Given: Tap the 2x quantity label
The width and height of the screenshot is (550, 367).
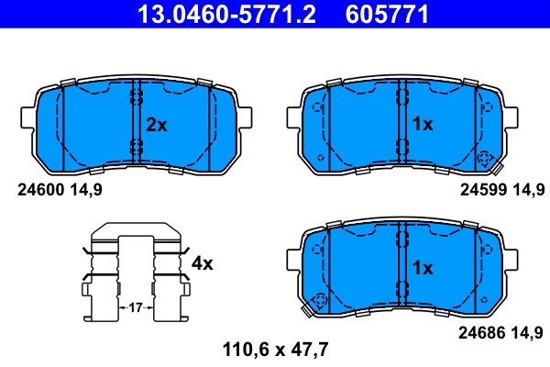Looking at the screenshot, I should point(157,125).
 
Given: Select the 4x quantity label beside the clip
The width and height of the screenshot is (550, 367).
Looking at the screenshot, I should point(202,263).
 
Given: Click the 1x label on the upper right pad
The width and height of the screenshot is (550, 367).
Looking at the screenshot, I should point(423,125).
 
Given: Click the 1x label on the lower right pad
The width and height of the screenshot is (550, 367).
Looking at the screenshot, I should point(423,268).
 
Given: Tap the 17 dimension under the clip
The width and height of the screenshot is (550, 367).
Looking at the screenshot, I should point(135,306).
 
